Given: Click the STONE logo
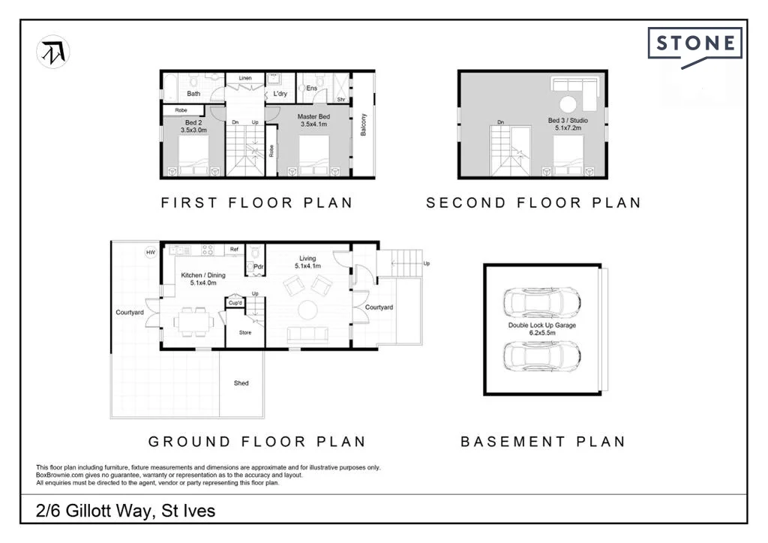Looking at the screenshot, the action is [x=695, y=46].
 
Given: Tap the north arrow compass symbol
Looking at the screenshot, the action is [x=53, y=52].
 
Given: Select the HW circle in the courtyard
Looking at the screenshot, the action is [x=150, y=253].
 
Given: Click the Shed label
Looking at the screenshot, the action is [x=241, y=383].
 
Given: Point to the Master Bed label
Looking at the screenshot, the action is [x=313, y=116].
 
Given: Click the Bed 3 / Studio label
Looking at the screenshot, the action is [x=568, y=120].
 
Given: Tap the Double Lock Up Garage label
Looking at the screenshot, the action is [x=541, y=325].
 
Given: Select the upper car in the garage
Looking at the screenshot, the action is [x=542, y=302].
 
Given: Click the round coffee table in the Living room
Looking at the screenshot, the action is [x=307, y=310].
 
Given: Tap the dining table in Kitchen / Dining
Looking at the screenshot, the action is [x=193, y=322].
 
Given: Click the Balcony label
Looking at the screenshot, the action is [x=364, y=124].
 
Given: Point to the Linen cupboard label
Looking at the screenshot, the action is [x=245, y=78].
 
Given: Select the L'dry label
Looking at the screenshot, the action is [x=280, y=94].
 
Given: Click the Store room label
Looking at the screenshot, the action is [x=245, y=332].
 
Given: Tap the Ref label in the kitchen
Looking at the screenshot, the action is [x=234, y=249].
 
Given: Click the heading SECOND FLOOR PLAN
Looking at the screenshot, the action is [x=533, y=202].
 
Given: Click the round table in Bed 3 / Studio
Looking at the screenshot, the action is [x=568, y=104].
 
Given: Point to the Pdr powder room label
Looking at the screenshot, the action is [x=258, y=267].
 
